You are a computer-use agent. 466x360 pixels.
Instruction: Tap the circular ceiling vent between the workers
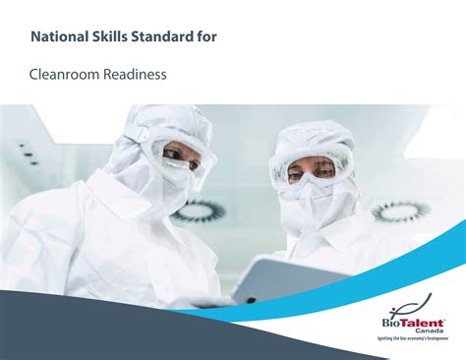[203, 210]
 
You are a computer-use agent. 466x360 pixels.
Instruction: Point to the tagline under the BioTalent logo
[410, 338]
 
